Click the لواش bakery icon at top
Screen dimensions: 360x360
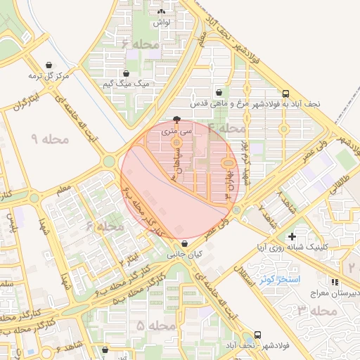[x=162, y=12]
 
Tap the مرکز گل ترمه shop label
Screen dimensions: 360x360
[x=47, y=75]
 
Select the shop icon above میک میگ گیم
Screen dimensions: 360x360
[x=126, y=73]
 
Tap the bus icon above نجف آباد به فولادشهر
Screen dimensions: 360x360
[x=285, y=93]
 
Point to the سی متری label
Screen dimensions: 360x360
[x=176, y=131]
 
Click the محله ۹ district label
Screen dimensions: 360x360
[x=51, y=138]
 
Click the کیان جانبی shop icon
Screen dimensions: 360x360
[x=184, y=244]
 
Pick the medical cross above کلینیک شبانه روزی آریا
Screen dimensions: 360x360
[x=292, y=236]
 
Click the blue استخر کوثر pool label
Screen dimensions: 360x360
[x=280, y=279]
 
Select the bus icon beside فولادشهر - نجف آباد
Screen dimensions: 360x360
[x=257, y=335]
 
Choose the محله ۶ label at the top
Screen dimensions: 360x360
[x=141, y=44]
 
